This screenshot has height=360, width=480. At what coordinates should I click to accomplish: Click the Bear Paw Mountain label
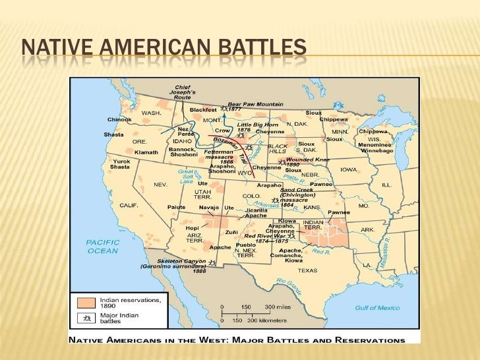click(255, 104)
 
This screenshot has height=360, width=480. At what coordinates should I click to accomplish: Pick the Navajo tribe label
click(209, 207)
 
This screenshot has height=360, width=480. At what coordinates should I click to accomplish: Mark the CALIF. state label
click(129, 205)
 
